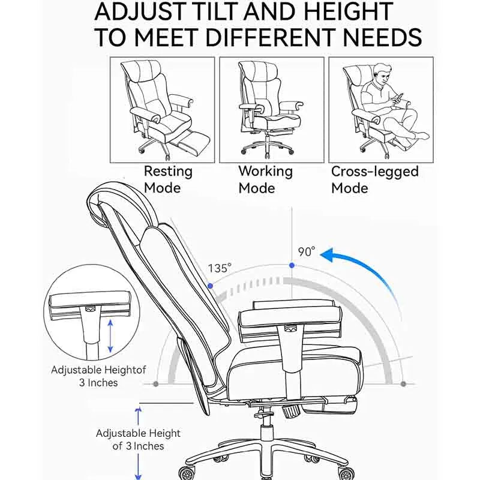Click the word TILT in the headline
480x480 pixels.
214,11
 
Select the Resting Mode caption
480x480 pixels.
168,179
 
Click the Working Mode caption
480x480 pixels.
265,179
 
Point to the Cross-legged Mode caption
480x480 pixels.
374,180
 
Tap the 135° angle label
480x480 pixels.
220,268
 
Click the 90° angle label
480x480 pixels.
307,251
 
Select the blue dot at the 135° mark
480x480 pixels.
210,286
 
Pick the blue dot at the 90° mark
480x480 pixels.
292,265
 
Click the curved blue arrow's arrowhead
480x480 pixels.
329,254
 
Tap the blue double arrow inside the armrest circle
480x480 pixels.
110,336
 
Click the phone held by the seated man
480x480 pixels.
398,98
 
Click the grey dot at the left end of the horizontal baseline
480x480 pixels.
156,384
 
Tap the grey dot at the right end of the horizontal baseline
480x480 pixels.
403,384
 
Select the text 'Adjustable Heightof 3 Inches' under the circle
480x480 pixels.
98,376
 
